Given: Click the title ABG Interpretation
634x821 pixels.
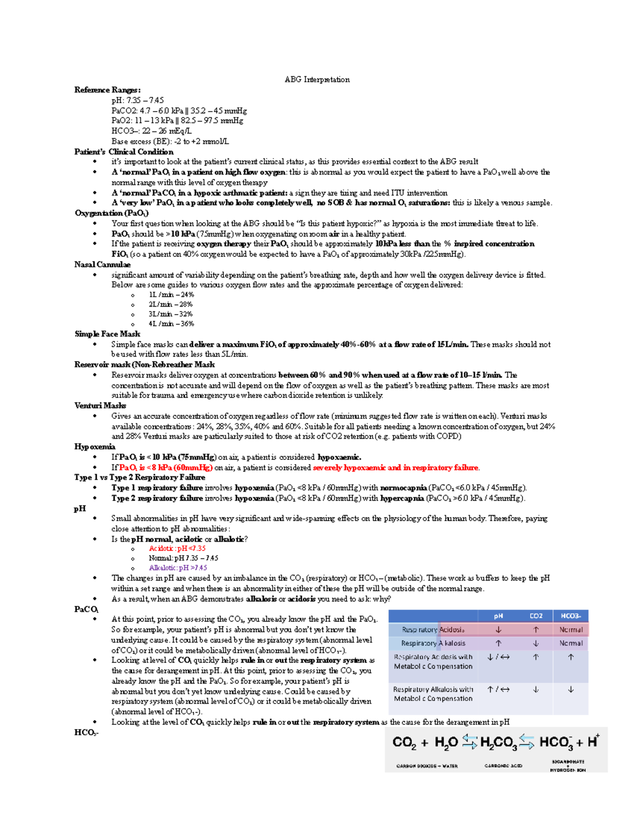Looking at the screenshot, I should point(317,80).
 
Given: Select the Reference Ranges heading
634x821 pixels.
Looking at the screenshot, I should point(107,90).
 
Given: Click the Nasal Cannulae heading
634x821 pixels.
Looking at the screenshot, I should point(102,264).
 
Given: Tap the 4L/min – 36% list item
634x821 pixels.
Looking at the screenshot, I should point(171,324).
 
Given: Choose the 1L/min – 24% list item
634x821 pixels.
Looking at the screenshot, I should point(171,294).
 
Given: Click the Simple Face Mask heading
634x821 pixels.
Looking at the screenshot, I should point(107,334).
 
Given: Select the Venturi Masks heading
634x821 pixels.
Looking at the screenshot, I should point(100,405).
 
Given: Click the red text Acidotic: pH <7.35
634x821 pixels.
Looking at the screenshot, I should point(177,548).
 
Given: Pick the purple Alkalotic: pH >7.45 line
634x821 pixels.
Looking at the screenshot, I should point(178,568).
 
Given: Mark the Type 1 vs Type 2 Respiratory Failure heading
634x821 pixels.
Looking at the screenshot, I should point(139,477).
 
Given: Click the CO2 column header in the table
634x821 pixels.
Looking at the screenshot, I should point(536,616).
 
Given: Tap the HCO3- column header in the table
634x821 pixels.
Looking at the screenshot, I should point(571,616).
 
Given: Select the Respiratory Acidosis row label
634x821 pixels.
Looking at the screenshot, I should point(433,630).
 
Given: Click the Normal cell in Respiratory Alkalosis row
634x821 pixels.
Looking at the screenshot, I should point(571,643).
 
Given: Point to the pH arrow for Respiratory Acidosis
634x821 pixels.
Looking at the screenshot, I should point(498,630).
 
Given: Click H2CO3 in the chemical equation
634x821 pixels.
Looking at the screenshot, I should point(499,743).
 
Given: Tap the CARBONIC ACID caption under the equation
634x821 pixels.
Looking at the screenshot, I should point(503,766).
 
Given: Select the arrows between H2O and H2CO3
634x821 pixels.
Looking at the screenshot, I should point(469,742).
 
